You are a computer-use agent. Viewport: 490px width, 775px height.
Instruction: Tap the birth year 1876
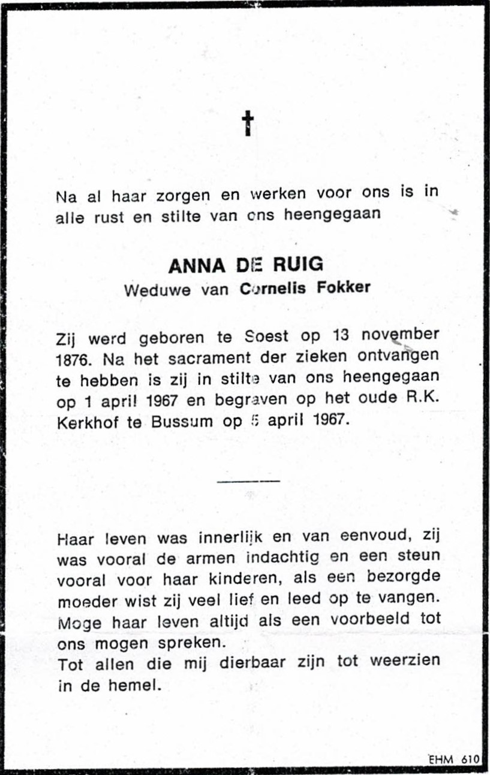point(76,361)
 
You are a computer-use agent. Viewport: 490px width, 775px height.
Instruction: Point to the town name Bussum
point(182,420)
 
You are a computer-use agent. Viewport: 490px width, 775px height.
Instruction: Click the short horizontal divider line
point(248,480)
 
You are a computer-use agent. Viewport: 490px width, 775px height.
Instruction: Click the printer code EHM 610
point(453,759)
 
